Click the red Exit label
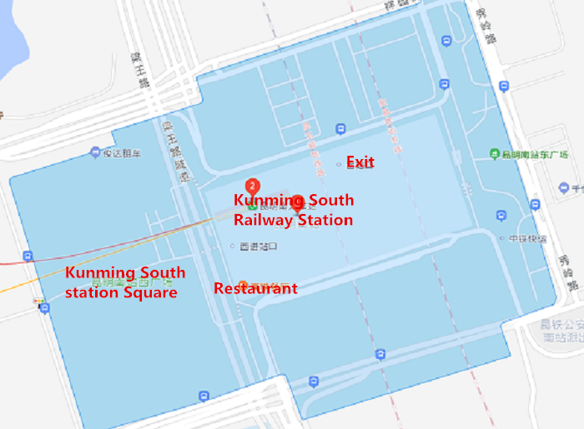[x=360, y=162]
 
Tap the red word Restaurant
[x=256, y=288]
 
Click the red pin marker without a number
[x=298, y=202]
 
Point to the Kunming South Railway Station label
[x=293, y=211]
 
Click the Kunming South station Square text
[x=125, y=282]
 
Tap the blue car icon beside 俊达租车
[x=95, y=152]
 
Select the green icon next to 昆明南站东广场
[x=495, y=155]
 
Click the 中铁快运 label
[x=527, y=239]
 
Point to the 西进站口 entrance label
[x=257, y=247]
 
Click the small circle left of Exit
[x=338, y=164]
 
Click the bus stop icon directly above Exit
[x=340, y=129]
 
